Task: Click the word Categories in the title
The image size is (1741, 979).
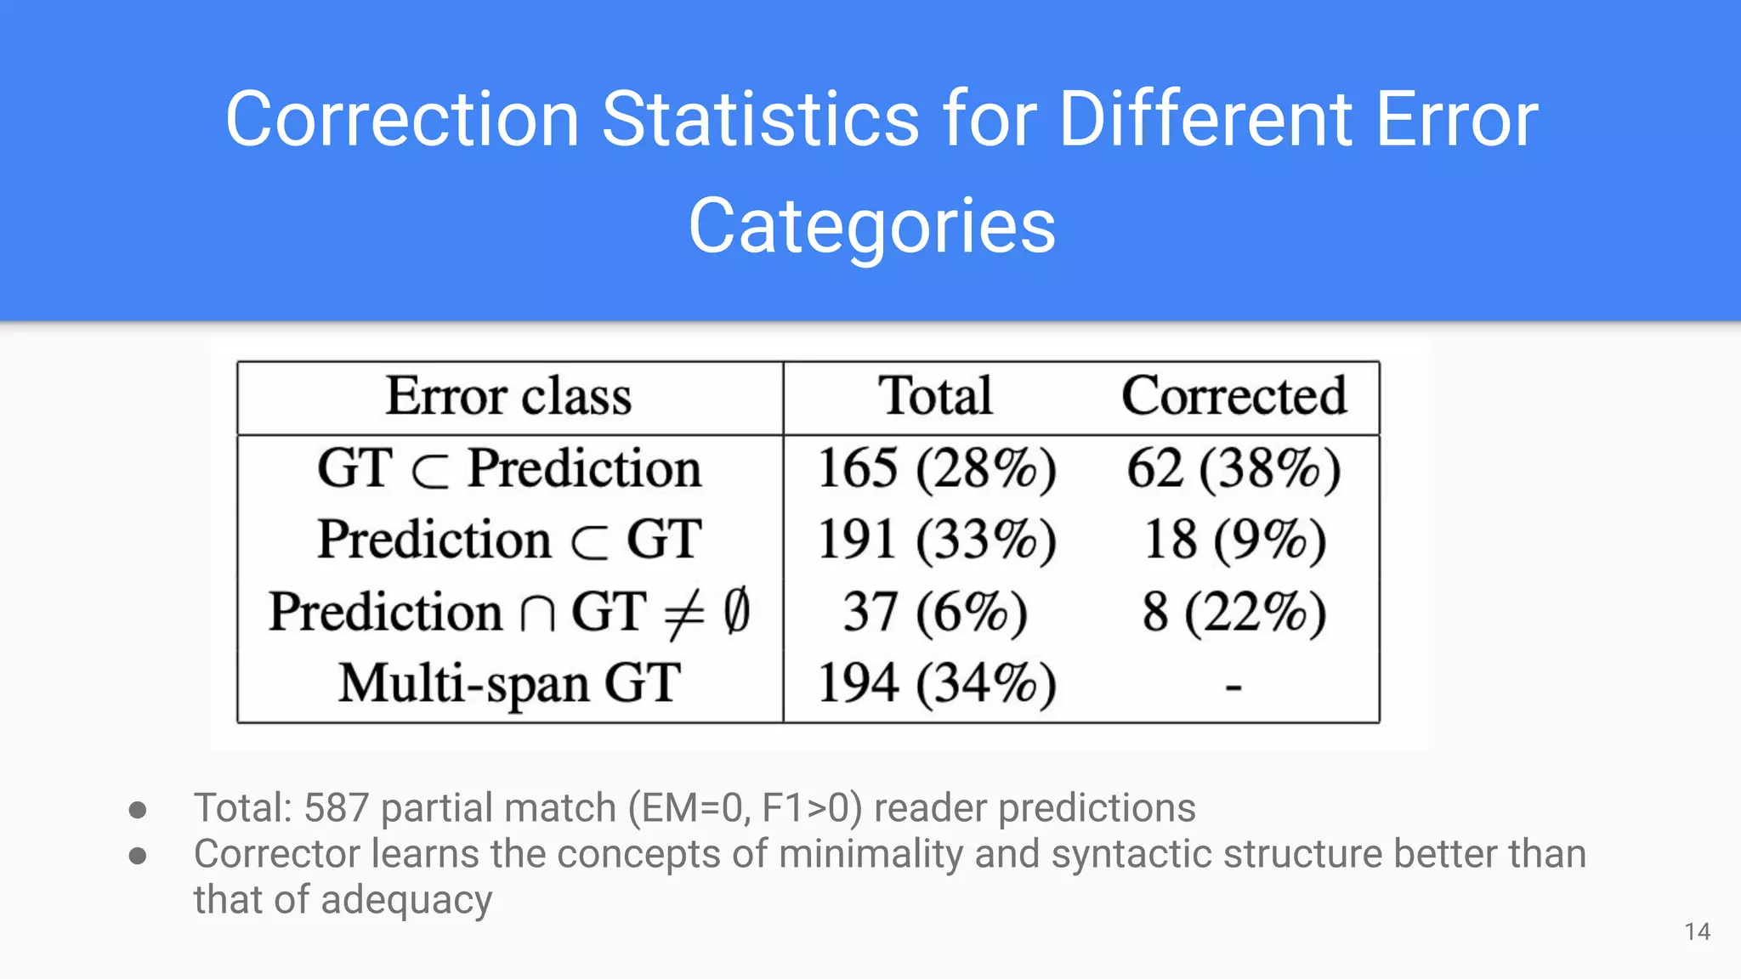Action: point(871,226)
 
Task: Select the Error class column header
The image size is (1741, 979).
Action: point(509,397)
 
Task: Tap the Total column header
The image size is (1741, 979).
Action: point(935,397)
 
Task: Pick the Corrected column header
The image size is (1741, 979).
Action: point(1233,397)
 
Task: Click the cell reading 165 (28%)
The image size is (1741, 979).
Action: point(937,469)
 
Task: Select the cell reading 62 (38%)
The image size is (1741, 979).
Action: point(1233,469)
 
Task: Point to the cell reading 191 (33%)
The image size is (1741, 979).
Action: point(937,540)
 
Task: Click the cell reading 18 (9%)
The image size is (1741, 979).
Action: point(1233,540)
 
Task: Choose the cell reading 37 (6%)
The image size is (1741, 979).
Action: point(935,613)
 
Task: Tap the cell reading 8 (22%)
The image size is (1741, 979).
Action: point(1233,613)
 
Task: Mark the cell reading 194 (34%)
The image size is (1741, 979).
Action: point(937,684)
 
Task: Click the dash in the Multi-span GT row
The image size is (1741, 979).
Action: point(1233,686)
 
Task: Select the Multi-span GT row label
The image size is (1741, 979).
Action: point(509,684)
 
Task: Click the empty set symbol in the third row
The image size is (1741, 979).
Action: point(737,611)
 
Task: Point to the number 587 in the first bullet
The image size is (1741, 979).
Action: point(336,808)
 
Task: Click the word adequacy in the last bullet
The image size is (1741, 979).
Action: point(406,901)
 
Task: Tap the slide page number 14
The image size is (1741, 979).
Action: point(1697,932)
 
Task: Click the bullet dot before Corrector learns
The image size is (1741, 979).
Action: point(138,855)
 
